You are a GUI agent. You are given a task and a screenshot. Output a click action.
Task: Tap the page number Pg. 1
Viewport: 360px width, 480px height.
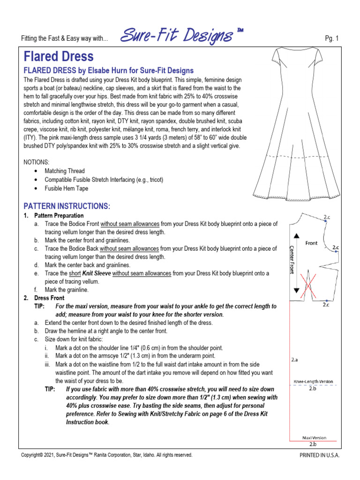click(331, 38)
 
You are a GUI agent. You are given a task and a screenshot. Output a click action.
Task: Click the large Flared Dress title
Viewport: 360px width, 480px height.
click(59, 56)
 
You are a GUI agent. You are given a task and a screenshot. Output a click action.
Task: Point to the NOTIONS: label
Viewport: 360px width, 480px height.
click(36, 162)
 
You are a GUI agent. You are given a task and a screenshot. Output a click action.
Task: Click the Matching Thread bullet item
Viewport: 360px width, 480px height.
click(65, 171)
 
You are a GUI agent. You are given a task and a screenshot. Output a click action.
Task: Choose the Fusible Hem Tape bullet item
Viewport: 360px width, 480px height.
click(67, 188)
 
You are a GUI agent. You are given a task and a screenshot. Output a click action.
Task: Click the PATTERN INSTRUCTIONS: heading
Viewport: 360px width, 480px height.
click(67, 206)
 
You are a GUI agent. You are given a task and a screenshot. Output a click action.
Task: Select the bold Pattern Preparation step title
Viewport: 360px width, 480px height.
click(59, 216)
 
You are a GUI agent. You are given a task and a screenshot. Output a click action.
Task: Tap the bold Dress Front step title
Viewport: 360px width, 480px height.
click(49, 298)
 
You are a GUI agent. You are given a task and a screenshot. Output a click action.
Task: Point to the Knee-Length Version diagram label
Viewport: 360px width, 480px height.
click(313, 382)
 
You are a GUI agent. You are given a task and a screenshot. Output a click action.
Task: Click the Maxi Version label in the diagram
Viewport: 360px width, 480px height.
click(314, 438)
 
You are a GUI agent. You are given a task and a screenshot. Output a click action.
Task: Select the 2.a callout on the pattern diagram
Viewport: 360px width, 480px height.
click(294, 360)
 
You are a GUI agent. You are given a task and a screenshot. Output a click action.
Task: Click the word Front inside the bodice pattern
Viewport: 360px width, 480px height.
click(311, 243)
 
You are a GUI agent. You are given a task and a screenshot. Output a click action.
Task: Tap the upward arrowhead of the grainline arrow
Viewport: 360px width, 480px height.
click(296, 235)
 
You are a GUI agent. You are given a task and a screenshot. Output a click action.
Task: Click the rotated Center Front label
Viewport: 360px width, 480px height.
click(292, 260)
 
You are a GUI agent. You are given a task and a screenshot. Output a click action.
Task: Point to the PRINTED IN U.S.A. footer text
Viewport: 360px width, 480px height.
click(319, 455)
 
